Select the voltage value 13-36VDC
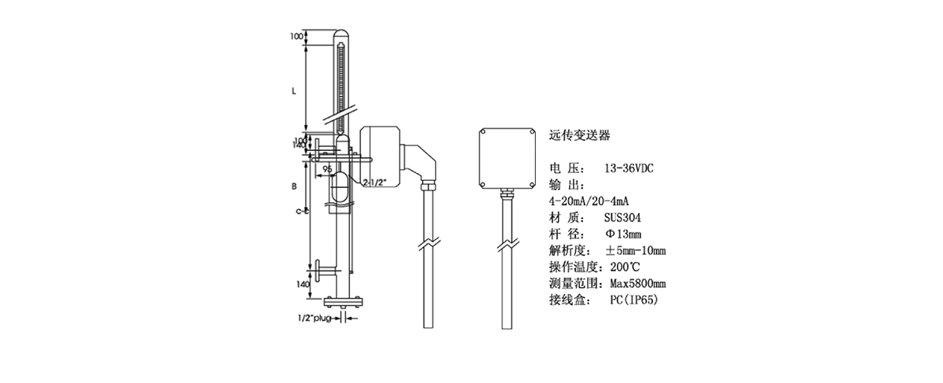(x=629, y=169)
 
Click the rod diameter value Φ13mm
(x=623, y=234)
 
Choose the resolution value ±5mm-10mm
(x=636, y=251)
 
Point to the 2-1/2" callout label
(x=374, y=182)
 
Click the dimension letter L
(x=294, y=90)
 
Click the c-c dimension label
(x=299, y=211)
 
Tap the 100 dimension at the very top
(x=296, y=36)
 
